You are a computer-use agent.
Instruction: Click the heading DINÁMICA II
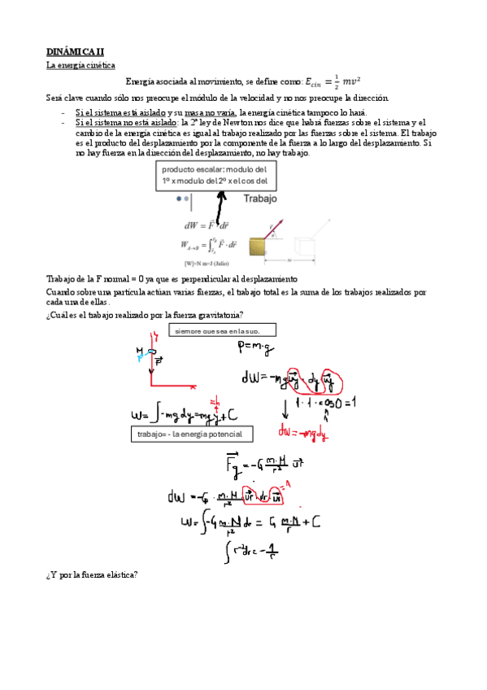(71, 50)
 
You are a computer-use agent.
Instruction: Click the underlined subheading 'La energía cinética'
(81, 65)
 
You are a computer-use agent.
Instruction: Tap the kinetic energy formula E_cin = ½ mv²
(333, 81)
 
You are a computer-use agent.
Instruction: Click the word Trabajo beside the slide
(259, 199)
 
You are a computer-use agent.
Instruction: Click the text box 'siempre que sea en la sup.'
(222, 330)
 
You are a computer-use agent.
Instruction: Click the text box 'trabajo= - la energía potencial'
(191, 435)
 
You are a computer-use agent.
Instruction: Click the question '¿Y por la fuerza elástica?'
(92, 574)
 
